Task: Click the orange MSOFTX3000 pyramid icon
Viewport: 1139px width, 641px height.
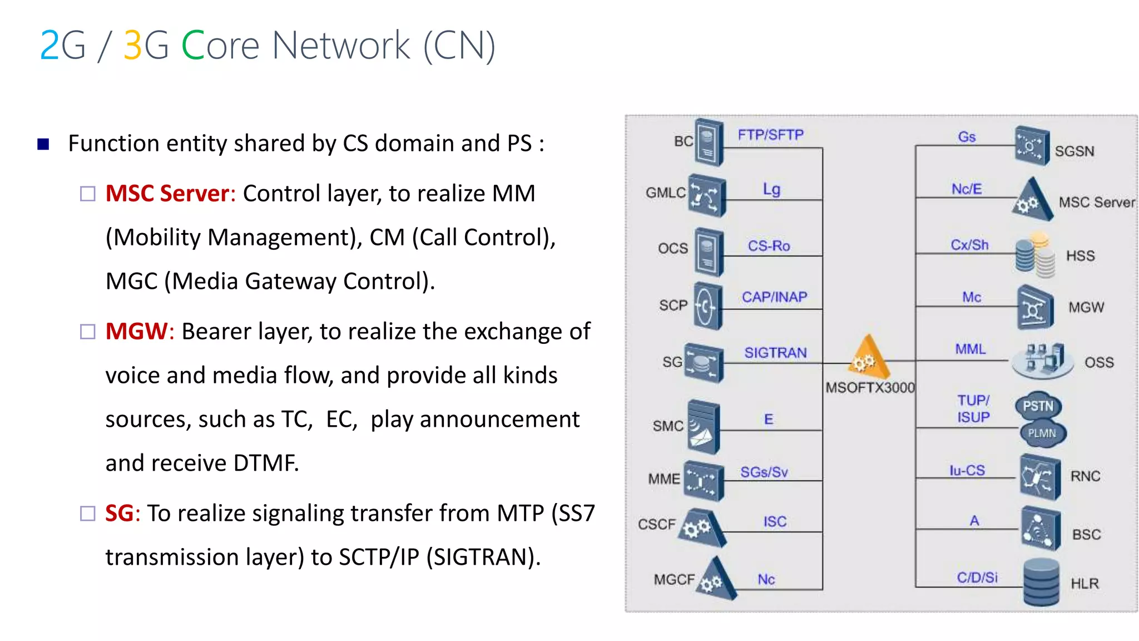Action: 868,357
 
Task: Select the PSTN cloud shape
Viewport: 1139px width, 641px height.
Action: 1038,406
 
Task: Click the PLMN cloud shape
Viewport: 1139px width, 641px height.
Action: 1042,433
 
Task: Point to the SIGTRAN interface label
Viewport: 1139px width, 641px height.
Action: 775,353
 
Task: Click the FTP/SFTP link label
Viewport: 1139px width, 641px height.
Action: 770,135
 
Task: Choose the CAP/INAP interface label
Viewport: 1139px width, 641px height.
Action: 774,297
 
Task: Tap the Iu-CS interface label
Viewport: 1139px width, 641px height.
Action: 967,471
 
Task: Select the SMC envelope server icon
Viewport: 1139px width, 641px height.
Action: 704,426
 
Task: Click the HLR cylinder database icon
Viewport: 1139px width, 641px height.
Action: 1041,582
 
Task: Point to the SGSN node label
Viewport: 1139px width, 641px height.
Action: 1074,151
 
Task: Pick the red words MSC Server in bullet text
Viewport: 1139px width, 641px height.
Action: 167,194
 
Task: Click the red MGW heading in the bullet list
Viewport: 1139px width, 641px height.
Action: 136,332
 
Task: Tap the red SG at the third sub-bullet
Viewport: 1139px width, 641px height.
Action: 119,513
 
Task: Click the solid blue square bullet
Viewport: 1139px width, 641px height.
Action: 43,145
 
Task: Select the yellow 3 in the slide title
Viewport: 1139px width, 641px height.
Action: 132,46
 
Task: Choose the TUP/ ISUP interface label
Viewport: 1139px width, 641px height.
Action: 973,409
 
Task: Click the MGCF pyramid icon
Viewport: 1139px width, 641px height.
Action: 717,580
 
